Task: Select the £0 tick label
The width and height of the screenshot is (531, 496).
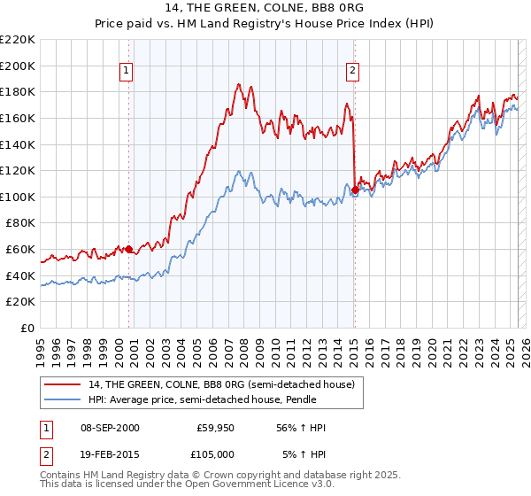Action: click(x=29, y=329)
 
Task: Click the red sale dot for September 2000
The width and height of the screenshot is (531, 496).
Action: click(x=129, y=250)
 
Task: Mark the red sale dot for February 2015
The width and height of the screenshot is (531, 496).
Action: click(x=355, y=190)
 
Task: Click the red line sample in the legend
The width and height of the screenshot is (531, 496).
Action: click(x=62, y=384)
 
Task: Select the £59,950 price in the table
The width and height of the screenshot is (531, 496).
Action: click(x=212, y=428)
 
